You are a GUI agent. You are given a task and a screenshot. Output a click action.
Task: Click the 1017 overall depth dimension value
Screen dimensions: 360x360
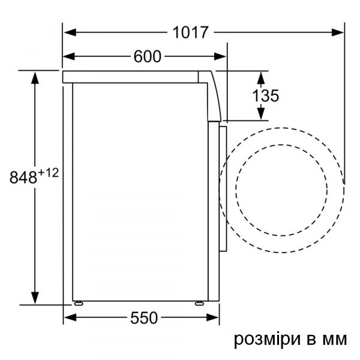point(191,32)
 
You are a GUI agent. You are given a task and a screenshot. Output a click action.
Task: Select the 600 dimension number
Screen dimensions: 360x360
point(148,57)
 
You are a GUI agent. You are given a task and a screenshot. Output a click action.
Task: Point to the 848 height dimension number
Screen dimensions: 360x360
point(23,178)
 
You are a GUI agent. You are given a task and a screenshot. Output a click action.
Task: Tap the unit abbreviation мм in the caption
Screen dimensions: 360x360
point(334,340)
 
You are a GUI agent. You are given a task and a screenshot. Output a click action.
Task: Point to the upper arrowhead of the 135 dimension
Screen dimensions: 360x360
point(262,77)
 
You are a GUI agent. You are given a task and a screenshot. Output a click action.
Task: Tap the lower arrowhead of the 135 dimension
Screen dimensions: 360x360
point(262,113)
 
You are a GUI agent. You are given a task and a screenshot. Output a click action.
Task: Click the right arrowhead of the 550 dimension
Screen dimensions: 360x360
point(211,318)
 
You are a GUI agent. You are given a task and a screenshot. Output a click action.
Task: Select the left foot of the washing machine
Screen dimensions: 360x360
point(77,302)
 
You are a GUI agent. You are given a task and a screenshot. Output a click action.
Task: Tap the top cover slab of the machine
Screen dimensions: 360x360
point(132,76)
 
